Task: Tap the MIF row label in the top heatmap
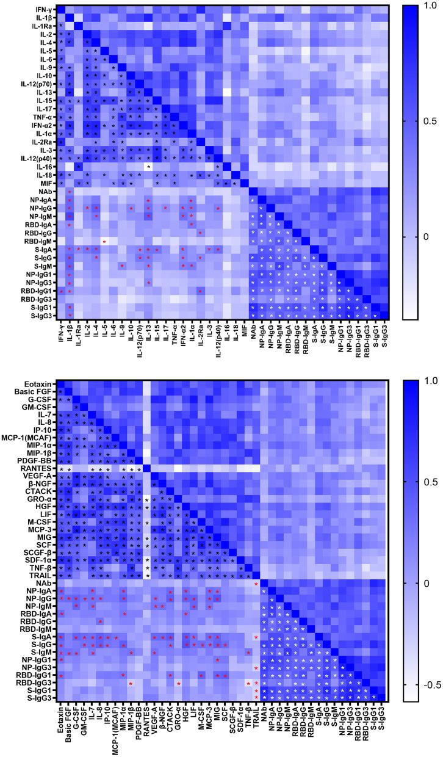pos(46,182)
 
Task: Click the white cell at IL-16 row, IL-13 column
pos(148,165)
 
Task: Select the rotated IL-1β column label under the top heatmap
pos(70,330)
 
